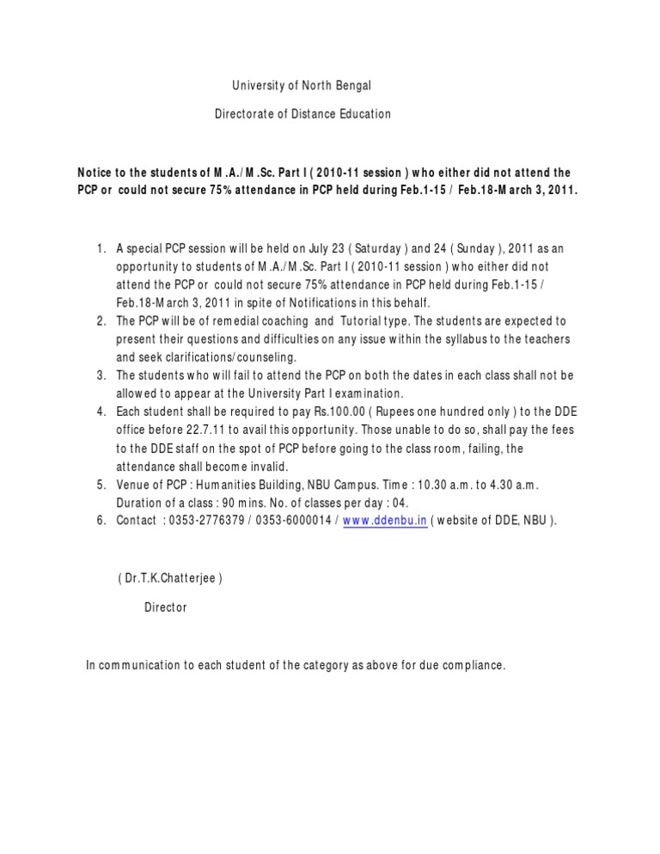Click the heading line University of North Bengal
302,86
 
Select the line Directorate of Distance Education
302,113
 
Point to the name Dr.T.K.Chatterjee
170,579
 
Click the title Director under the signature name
165,607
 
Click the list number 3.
101,376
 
